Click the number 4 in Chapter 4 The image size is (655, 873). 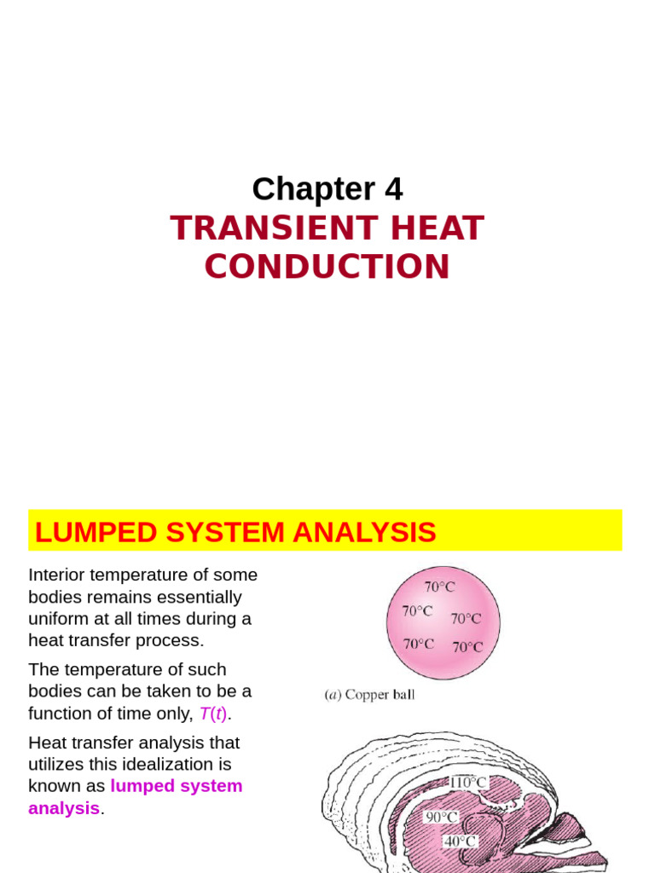point(393,189)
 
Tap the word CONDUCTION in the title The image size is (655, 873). point(327,267)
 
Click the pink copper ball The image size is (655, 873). point(443,622)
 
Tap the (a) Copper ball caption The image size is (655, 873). point(369,695)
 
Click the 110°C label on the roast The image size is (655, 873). point(468,782)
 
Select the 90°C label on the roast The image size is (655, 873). point(442,817)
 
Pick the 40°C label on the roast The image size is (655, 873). point(460,841)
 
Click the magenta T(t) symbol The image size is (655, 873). point(212,714)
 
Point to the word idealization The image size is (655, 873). point(176,764)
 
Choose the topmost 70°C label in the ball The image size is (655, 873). point(440,587)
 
